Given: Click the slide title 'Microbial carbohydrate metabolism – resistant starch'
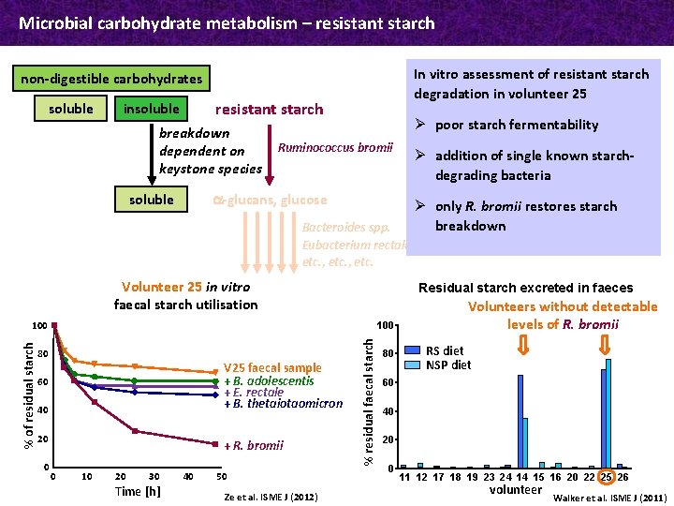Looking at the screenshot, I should [227, 22].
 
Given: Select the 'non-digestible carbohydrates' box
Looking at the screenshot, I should [111, 79].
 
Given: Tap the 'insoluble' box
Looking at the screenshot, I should [152, 109].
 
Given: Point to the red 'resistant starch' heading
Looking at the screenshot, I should [269, 110].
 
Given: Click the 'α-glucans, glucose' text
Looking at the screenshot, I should [270, 200].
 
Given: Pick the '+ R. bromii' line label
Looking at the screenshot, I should [253, 444].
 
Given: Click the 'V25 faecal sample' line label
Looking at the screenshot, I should [272, 368].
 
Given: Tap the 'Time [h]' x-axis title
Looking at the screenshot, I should [138, 491].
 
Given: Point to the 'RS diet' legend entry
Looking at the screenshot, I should [445, 350].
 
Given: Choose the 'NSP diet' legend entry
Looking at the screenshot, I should [448, 365].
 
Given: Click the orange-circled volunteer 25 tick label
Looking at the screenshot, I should [606, 477].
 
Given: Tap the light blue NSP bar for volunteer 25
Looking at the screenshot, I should [608, 412].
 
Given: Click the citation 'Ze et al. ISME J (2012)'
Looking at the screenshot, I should [271, 495].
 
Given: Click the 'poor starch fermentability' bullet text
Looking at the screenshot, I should [517, 125].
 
